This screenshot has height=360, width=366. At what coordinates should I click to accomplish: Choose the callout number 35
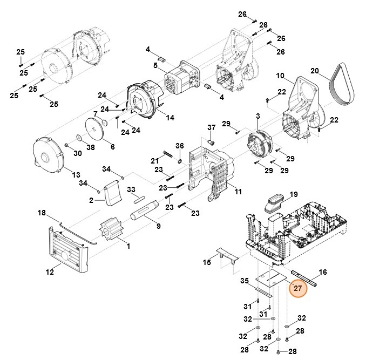(244, 281)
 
